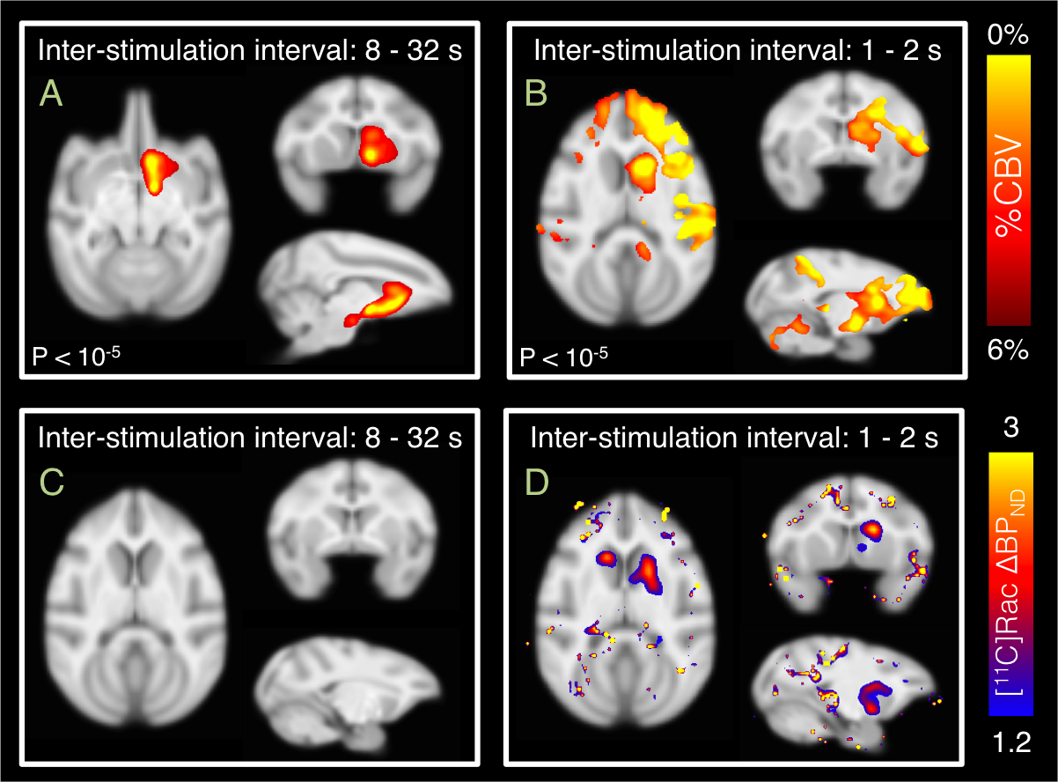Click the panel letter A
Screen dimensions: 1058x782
[52, 93]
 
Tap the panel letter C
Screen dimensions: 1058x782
[52, 481]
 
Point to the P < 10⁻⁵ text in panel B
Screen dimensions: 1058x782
[563, 357]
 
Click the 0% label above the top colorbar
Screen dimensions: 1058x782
[1009, 36]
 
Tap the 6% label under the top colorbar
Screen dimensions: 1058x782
[1008, 350]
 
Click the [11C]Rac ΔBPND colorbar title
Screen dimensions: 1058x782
[1010, 581]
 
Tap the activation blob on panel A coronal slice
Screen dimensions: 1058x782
[376, 145]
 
